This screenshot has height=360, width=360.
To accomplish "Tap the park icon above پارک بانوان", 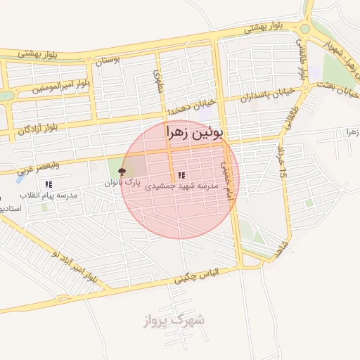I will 122,172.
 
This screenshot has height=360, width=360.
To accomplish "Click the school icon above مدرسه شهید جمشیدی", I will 181,175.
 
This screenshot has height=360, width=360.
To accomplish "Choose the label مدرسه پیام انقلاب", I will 46,195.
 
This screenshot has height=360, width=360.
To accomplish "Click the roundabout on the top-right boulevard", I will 305,29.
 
